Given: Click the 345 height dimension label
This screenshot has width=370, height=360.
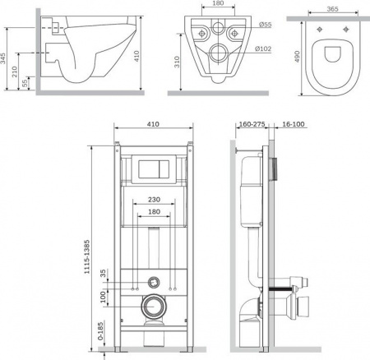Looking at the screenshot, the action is pyautogui.click(x=3, y=58).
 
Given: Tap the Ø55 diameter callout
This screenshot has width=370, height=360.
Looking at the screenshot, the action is pyautogui.click(x=265, y=25).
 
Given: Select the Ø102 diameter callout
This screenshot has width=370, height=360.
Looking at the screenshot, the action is pyautogui.click(x=263, y=48).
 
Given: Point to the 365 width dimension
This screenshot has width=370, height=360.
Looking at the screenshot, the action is pyautogui.click(x=332, y=9).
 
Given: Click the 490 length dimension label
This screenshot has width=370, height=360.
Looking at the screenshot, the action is pyautogui.click(x=298, y=57).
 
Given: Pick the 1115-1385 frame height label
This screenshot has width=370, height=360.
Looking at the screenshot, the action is pyautogui.click(x=87, y=256).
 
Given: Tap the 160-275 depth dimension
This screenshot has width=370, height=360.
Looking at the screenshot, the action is pyautogui.click(x=252, y=124).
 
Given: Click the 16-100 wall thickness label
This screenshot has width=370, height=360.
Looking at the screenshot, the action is pyautogui.click(x=294, y=124).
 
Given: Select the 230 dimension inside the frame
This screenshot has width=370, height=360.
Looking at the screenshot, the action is pyautogui.click(x=154, y=200).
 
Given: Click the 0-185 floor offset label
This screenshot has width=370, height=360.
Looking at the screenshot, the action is pyautogui.click(x=101, y=331).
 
